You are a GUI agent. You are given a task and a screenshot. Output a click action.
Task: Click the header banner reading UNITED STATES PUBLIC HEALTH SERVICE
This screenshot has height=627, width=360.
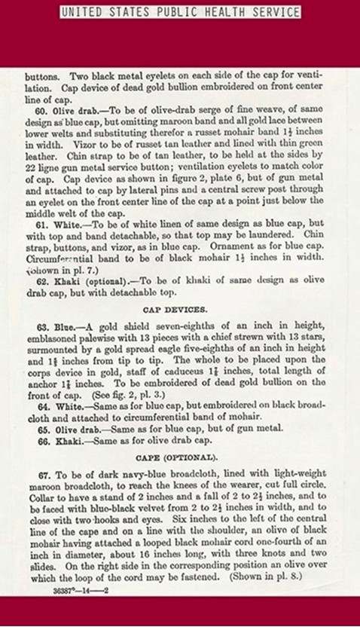(x=179, y=12)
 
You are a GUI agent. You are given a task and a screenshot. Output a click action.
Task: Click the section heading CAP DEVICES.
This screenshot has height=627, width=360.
(x=179, y=309)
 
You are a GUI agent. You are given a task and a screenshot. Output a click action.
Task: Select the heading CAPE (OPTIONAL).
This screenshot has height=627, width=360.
(x=179, y=457)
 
